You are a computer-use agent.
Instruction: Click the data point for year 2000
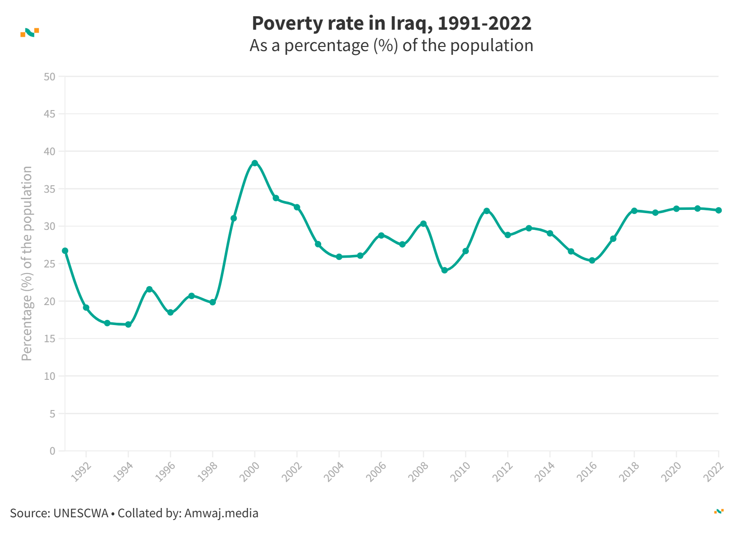[x=254, y=163]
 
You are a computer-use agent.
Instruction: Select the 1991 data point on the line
[x=65, y=251]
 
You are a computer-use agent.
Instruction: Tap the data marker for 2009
[x=444, y=270]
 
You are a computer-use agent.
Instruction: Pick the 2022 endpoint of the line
[x=719, y=210]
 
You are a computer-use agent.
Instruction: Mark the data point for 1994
[x=128, y=325]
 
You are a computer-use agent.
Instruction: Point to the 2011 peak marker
[x=486, y=211]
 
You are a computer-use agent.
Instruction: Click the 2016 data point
[x=592, y=260]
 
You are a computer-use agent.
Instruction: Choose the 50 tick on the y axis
[x=49, y=77]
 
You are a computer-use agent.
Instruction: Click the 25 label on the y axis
[x=49, y=264]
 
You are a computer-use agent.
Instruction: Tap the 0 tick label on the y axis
[x=52, y=451]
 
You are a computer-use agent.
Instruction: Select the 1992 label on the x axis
[x=81, y=472]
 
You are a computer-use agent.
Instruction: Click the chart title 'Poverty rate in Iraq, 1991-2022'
[x=391, y=23]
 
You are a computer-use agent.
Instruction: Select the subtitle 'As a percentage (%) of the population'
[x=391, y=46]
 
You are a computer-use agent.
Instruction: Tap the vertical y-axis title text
[x=27, y=263]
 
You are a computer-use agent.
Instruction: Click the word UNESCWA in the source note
[x=80, y=513]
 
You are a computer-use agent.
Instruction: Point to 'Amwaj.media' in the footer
[x=221, y=513]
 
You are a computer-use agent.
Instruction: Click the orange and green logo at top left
[x=30, y=32]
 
